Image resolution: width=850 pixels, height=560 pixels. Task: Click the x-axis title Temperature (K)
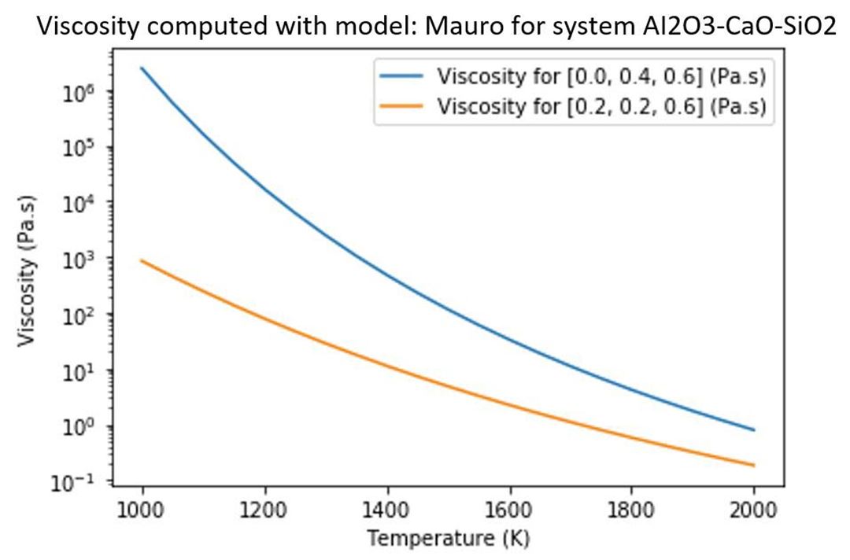coord(448,540)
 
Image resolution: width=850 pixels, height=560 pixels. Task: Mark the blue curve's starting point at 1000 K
coord(142,68)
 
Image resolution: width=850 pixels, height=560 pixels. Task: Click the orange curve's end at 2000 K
coord(754,466)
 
